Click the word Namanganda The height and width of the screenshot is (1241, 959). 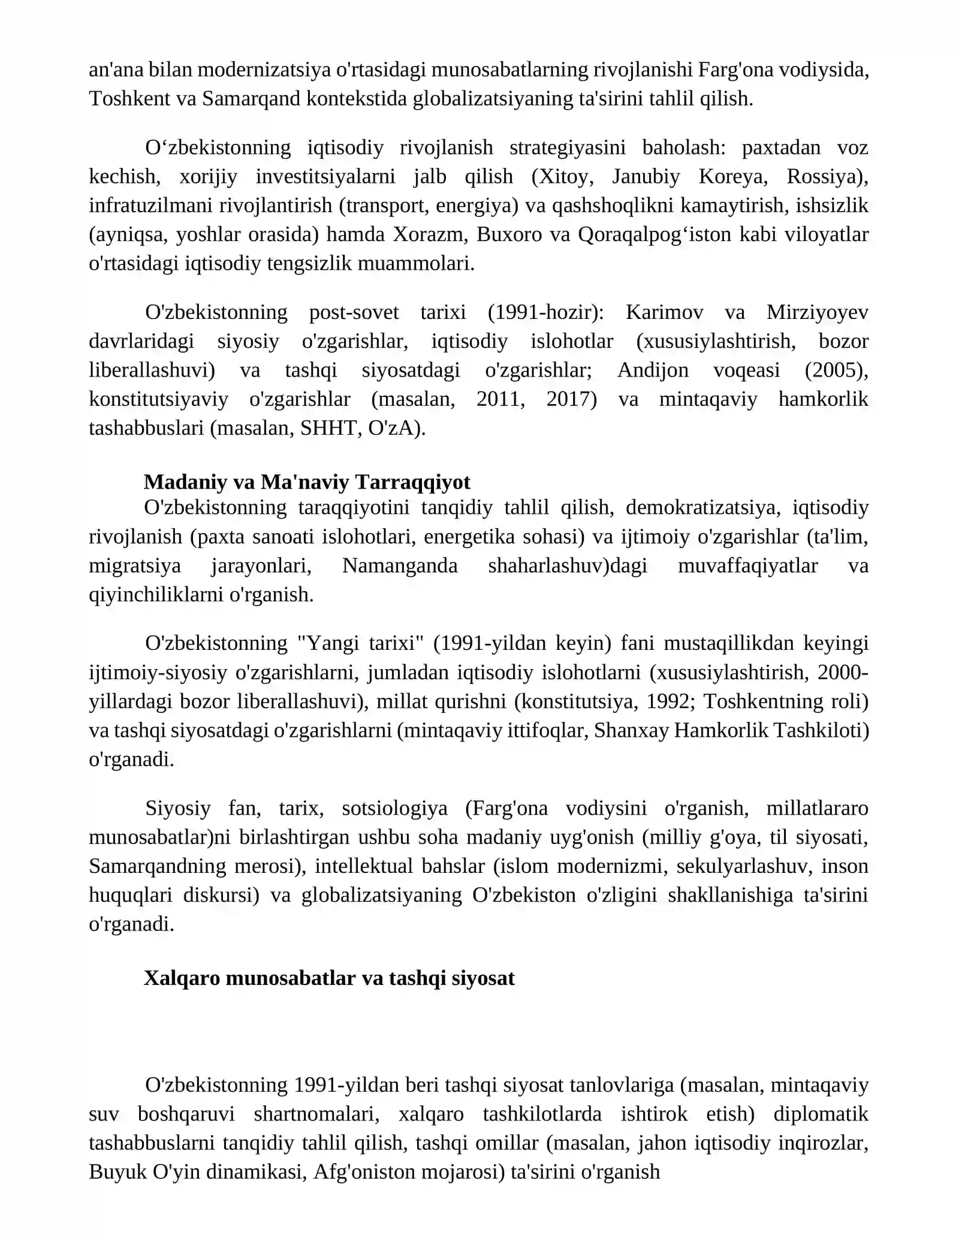pyautogui.click(x=400, y=566)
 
